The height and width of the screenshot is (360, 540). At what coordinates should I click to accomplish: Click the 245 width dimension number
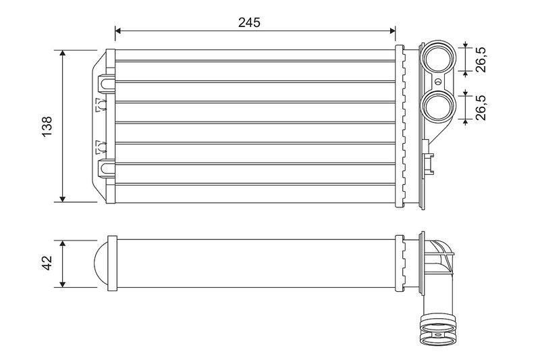point(249,22)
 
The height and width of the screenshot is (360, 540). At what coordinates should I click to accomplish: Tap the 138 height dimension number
point(47,126)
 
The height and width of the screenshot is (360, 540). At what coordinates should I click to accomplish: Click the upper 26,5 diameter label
point(481,58)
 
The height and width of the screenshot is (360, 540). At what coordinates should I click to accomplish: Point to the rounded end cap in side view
point(99,263)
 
